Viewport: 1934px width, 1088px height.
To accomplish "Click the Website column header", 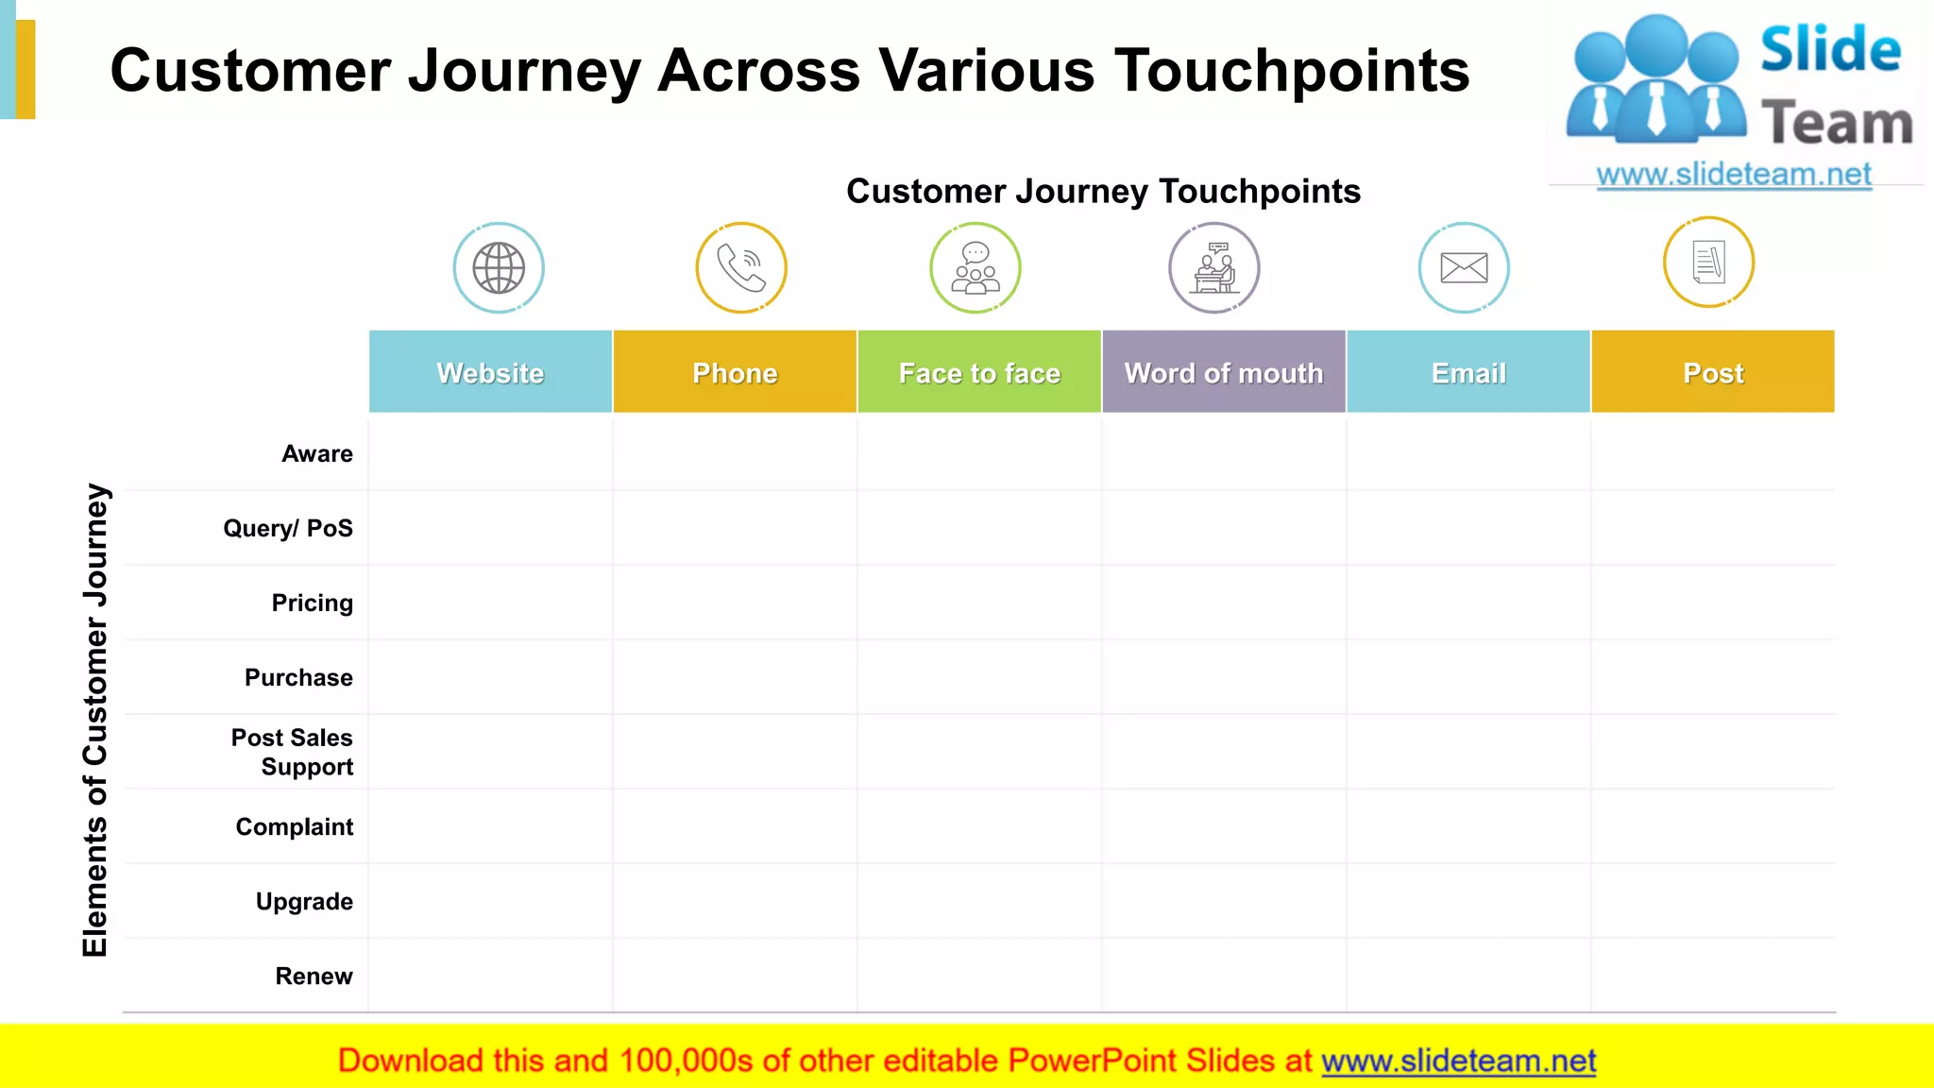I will (490, 372).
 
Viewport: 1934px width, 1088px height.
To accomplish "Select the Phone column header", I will (735, 372).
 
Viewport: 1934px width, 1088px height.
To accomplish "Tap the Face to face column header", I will (979, 372).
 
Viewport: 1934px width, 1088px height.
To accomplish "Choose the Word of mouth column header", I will (1224, 372).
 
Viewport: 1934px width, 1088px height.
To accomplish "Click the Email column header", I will (1468, 372).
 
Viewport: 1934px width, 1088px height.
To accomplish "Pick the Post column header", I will (1713, 372).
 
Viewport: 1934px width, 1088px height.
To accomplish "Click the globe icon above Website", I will (499, 268).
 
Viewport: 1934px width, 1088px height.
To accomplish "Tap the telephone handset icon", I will (741, 268).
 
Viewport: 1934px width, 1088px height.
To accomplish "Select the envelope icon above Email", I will (1464, 268).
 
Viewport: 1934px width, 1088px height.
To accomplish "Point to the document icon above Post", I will (1708, 263).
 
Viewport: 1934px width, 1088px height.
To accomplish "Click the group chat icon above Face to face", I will (975, 268).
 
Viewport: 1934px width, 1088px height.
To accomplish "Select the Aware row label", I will (317, 453).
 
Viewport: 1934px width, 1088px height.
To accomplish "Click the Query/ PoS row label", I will (288, 528).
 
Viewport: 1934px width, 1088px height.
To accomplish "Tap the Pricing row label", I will (312, 603).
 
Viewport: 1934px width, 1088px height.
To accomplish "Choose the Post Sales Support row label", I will (293, 752).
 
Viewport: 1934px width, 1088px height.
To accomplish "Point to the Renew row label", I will (314, 976).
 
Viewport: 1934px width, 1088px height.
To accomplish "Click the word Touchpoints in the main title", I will (1292, 71).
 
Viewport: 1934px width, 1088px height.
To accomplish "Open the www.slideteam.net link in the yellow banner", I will (1458, 1061).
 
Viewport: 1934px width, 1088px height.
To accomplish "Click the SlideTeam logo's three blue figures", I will (1656, 80).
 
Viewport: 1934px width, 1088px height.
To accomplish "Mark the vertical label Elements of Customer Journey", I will (95, 720).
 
